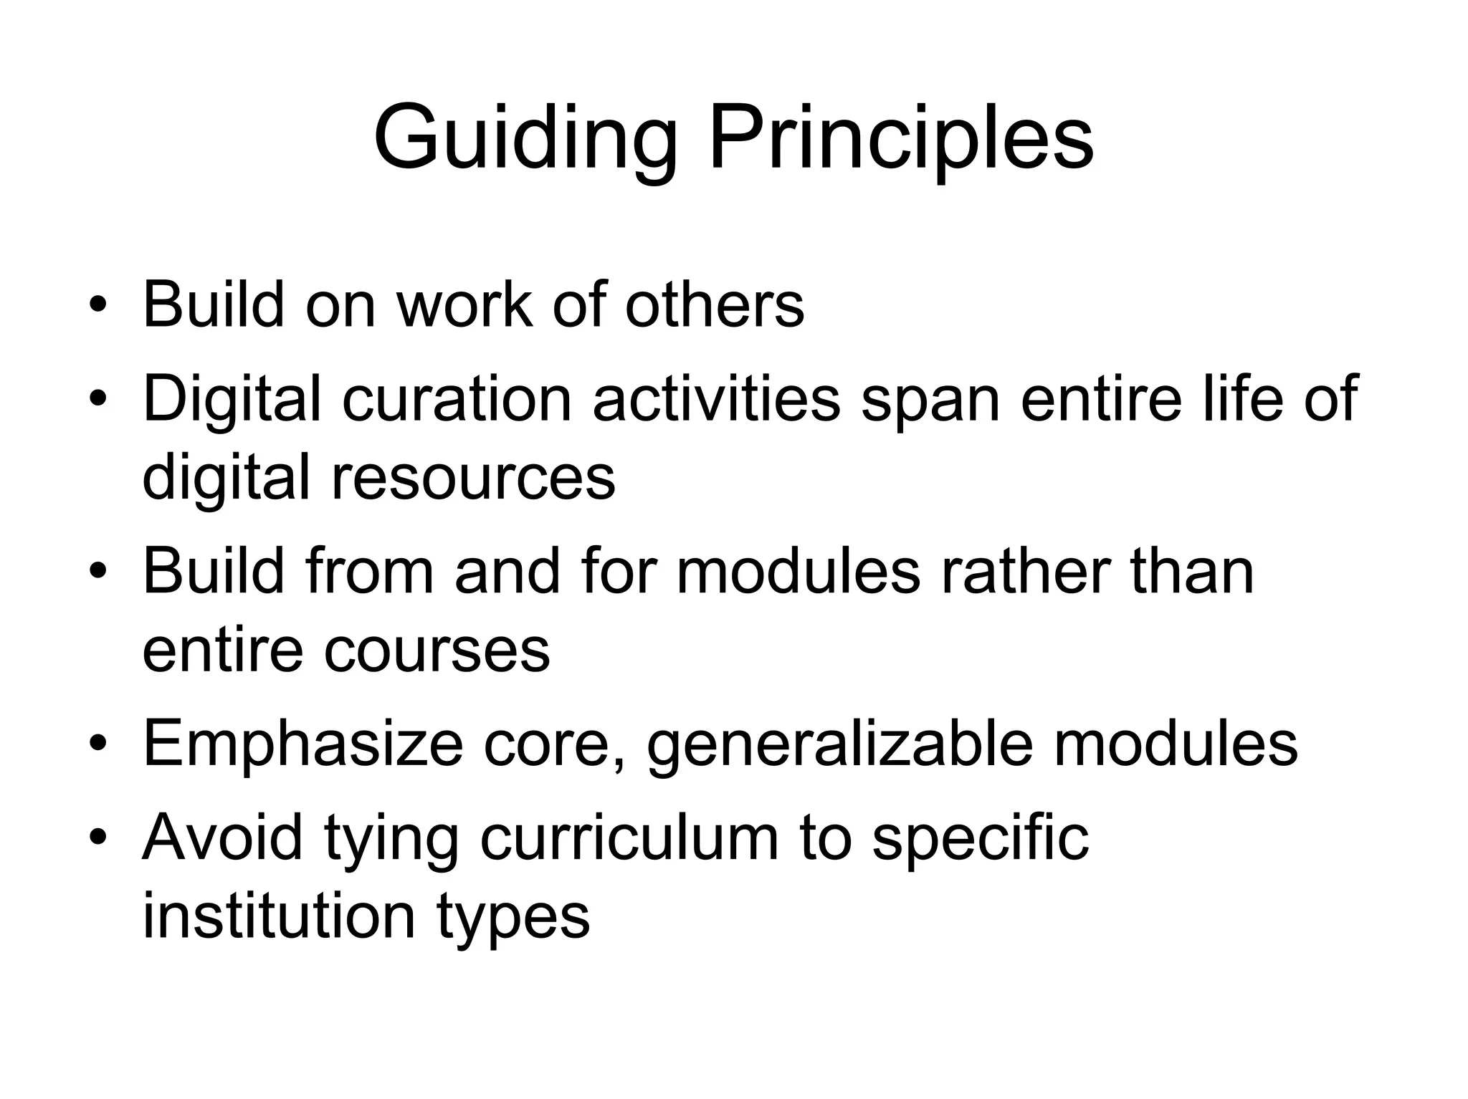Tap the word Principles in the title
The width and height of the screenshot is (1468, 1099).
[902, 138]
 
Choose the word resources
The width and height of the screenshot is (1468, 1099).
[473, 477]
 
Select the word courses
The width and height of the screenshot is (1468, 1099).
[437, 651]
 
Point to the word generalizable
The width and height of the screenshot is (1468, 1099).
[839, 744]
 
